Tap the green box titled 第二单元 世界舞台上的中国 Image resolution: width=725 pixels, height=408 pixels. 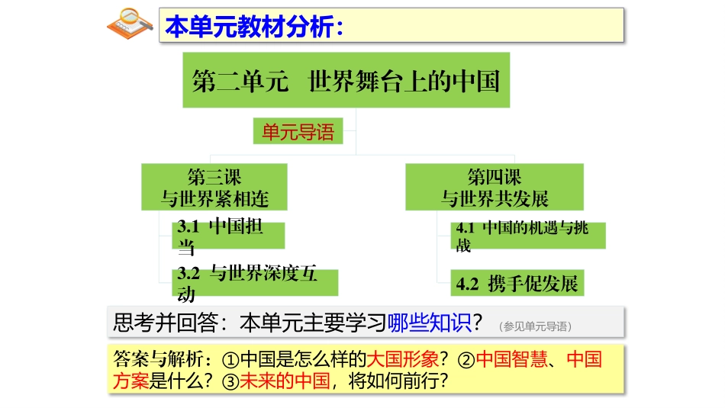coord(346,80)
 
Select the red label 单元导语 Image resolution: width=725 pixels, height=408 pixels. coord(298,132)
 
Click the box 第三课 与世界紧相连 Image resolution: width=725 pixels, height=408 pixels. coord(214,188)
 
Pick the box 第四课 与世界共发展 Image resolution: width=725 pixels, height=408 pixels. coord(495,188)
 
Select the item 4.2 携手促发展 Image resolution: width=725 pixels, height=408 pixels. coord(517,284)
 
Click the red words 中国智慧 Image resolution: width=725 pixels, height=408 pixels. coord(511,359)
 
